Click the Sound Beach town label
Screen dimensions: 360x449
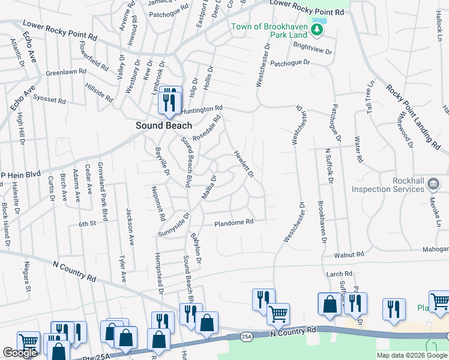coord(164,125)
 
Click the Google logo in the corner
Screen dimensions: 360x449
coord(20,353)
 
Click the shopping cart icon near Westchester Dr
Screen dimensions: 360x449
coord(278,314)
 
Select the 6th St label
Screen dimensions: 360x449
coord(88,224)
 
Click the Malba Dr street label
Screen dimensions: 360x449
coord(208,188)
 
